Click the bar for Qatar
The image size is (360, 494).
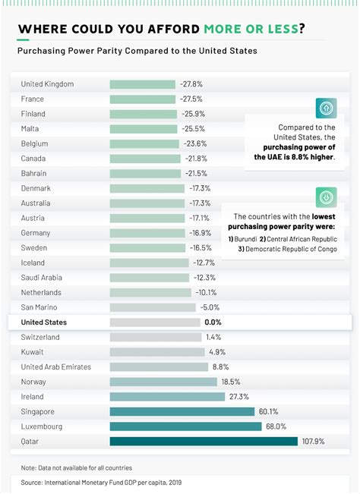click(204, 441)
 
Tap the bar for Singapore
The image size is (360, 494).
click(182, 411)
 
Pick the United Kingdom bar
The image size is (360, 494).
click(142, 84)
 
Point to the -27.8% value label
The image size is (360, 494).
click(191, 84)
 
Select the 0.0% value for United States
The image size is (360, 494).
click(212, 323)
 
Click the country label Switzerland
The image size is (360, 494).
click(40, 337)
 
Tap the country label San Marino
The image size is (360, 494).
click(39, 307)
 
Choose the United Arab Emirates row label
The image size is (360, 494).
click(55, 367)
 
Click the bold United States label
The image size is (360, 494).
click(44, 323)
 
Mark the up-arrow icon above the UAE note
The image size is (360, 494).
click(327, 109)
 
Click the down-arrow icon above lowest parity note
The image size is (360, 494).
click(327, 197)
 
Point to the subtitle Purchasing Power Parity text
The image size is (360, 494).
click(137, 51)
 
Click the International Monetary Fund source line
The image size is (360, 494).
click(101, 482)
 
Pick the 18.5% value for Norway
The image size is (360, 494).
click(231, 382)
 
